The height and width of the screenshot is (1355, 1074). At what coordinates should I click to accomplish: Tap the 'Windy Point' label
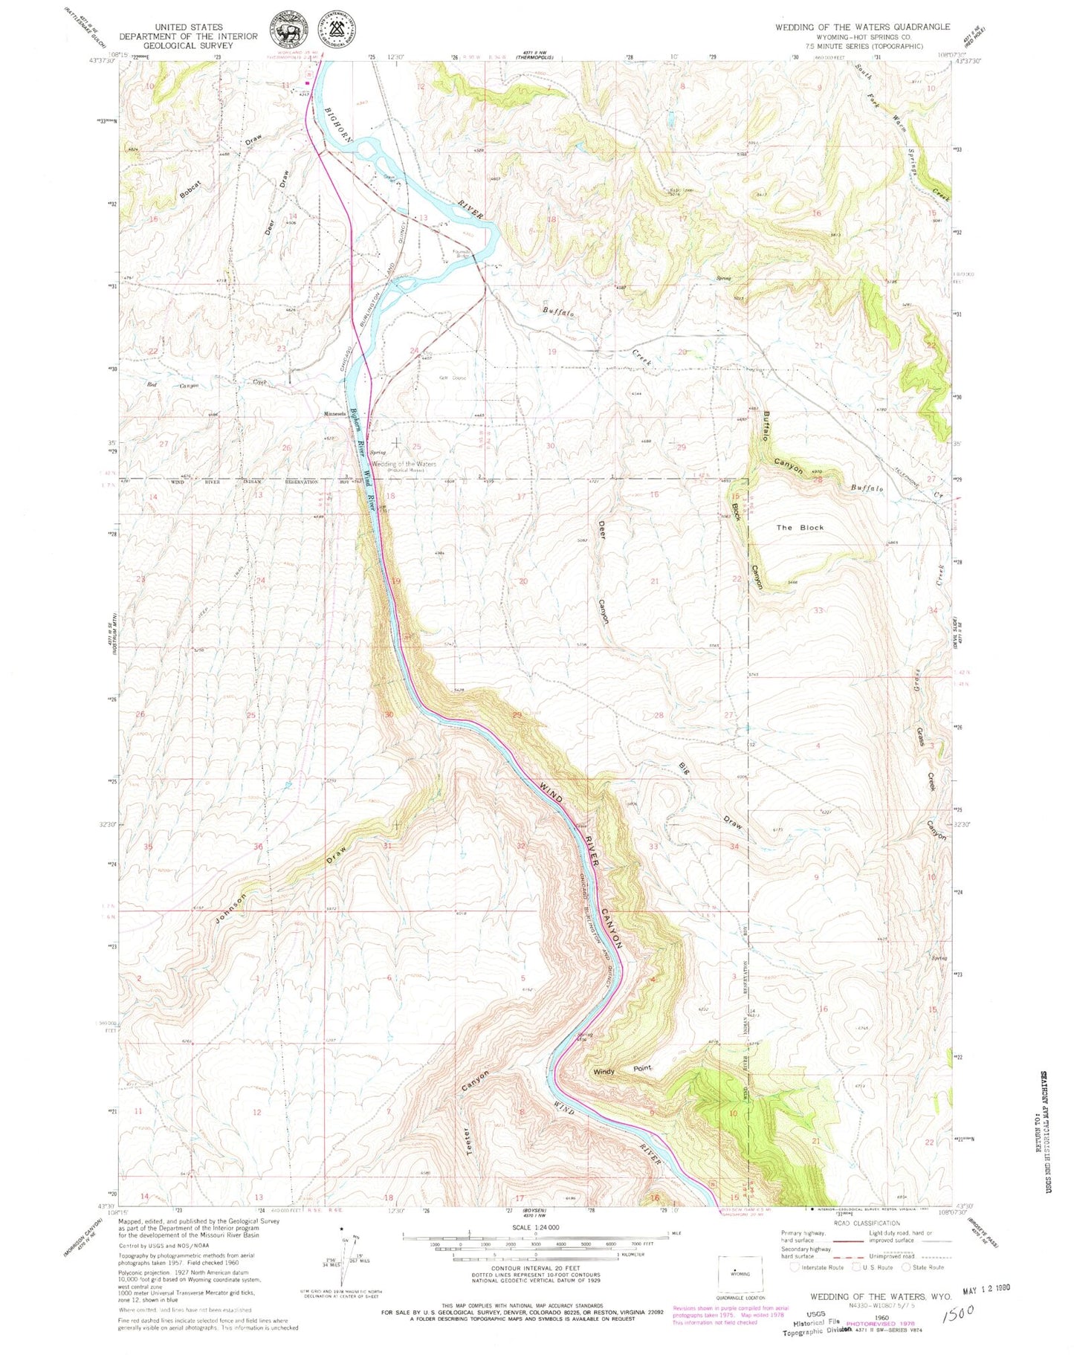pyautogui.click(x=622, y=1071)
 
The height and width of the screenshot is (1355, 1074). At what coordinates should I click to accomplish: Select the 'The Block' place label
pyautogui.click(x=800, y=528)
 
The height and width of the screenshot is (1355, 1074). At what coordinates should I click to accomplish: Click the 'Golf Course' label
pyautogui.click(x=452, y=378)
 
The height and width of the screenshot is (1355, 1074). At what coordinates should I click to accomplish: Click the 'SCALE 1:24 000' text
pyautogui.click(x=534, y=1228)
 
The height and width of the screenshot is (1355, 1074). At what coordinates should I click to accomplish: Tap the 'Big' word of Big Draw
pyautogui.click(x=684, y=769)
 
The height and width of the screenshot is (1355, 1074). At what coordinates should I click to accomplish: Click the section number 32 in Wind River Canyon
pyautogui.click(x=521, y=847)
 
